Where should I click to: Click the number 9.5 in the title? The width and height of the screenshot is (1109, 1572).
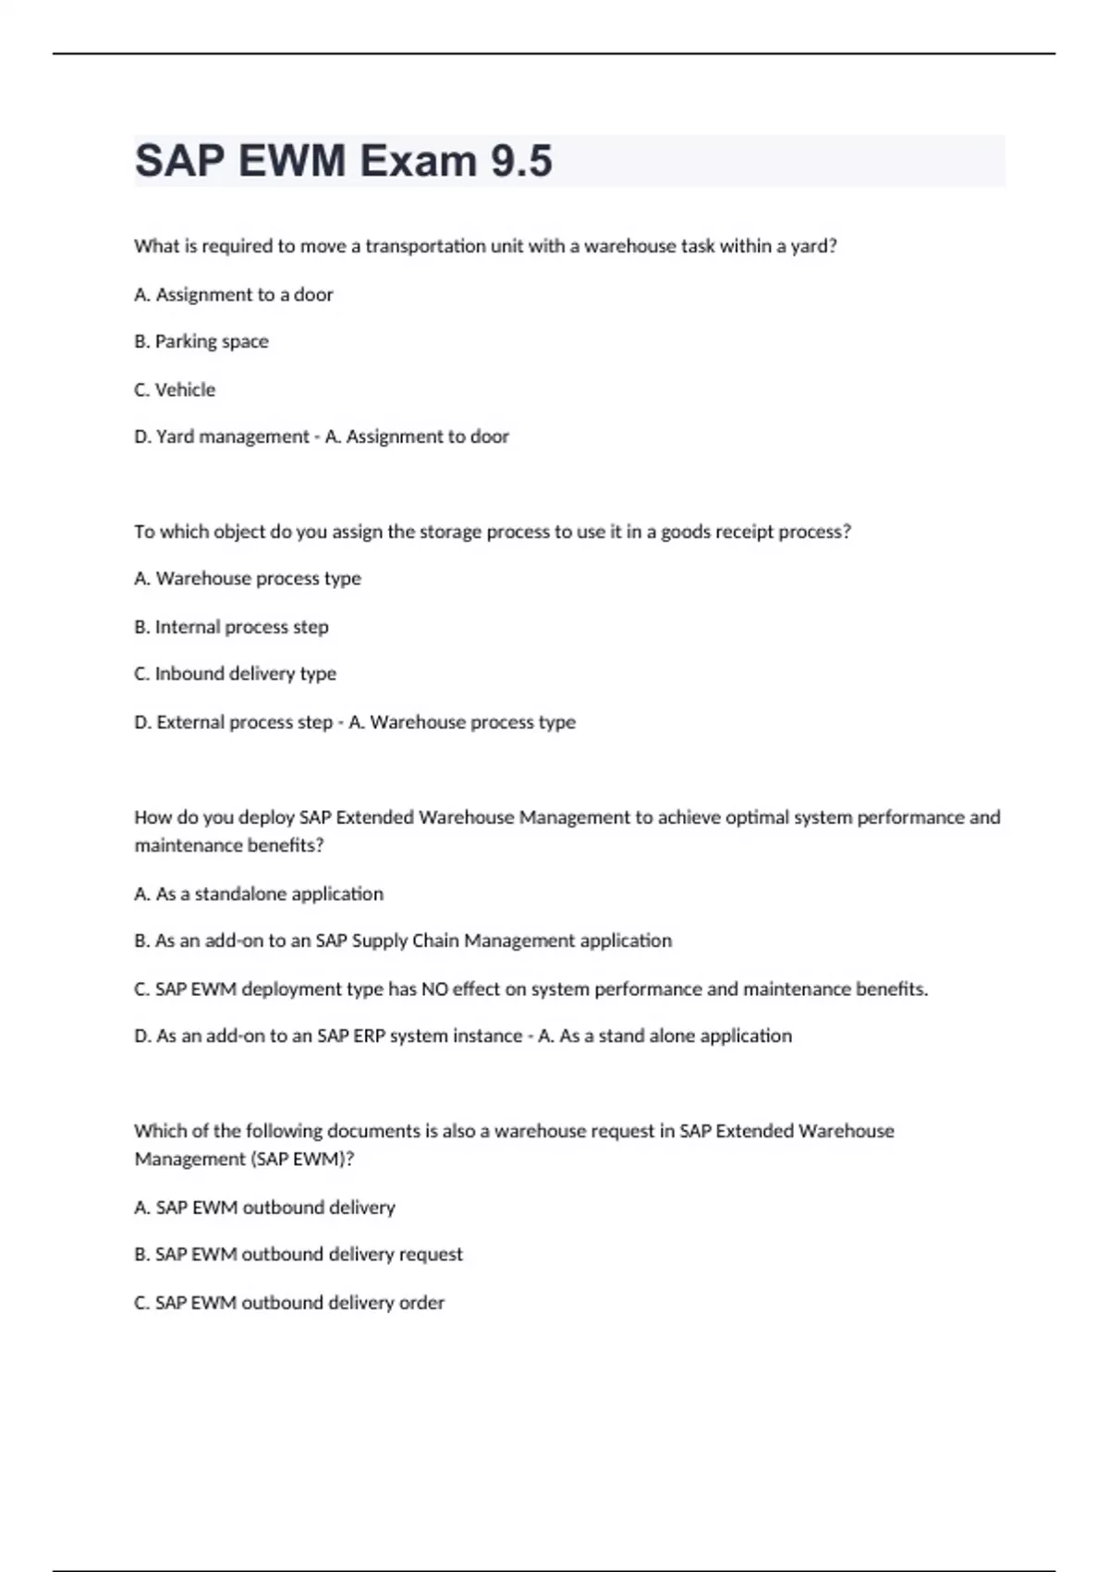[x=521, y=161]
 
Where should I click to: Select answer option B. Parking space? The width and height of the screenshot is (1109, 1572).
[x=201, y=341]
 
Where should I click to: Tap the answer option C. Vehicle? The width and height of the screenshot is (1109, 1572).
[x=175, y=389]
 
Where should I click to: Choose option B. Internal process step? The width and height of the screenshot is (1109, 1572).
[x=231, y=626]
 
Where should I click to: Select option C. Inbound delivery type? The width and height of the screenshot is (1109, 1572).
[x=235, y=673]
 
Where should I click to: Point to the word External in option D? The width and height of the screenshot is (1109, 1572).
[x=191, y=721]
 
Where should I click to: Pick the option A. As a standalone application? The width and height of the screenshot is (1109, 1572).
[x=259, y=893]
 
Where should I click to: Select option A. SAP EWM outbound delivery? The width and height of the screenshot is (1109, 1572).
[x=264, y=1207]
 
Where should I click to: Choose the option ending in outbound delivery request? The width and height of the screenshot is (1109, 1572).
[x=299, y=1254]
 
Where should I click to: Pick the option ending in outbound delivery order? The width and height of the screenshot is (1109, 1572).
[x=289, y=1302]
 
